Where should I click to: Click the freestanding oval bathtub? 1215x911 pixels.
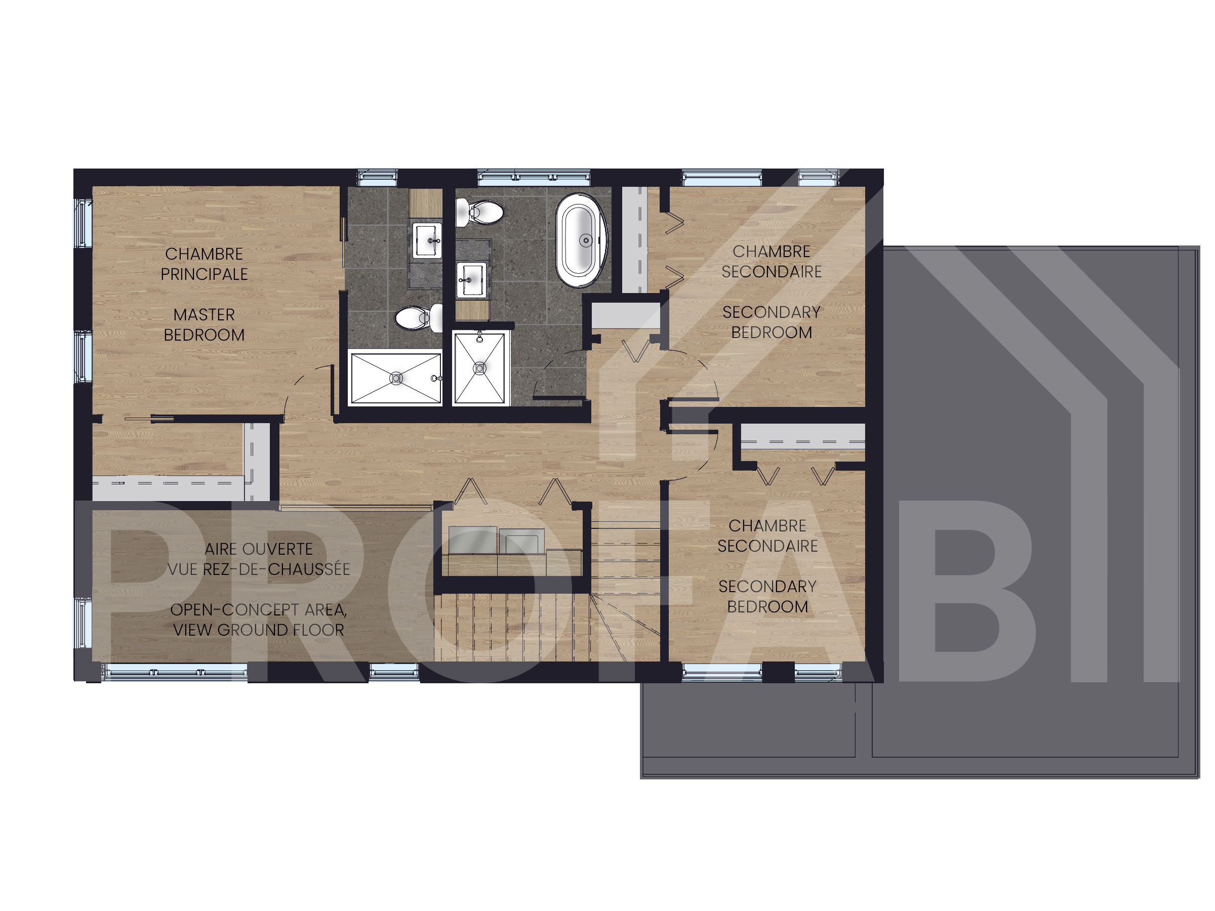(x=582, y=240)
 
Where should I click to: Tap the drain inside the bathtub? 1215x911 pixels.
(x=587, y=240)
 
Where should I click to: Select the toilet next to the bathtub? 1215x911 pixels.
(x=480, y=212)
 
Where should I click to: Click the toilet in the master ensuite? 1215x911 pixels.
(x=419, y=317)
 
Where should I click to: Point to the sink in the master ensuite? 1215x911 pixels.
(x=427, y=240)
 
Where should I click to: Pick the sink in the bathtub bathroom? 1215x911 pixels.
(x=471, y=279)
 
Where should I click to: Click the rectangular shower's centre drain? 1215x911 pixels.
(x=396, y=378)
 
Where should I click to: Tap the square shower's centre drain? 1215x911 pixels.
(x=479, y=368)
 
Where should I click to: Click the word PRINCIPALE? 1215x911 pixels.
(x=205, y=274)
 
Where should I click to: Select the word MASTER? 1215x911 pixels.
(x=205, y=315)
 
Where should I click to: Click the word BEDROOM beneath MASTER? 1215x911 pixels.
(x=205, y=335)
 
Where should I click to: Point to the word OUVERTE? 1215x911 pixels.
(x=277, y=549)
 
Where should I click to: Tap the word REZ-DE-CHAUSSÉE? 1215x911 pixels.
(x=276, y=569)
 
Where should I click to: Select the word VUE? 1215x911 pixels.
(x=182, y=569)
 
